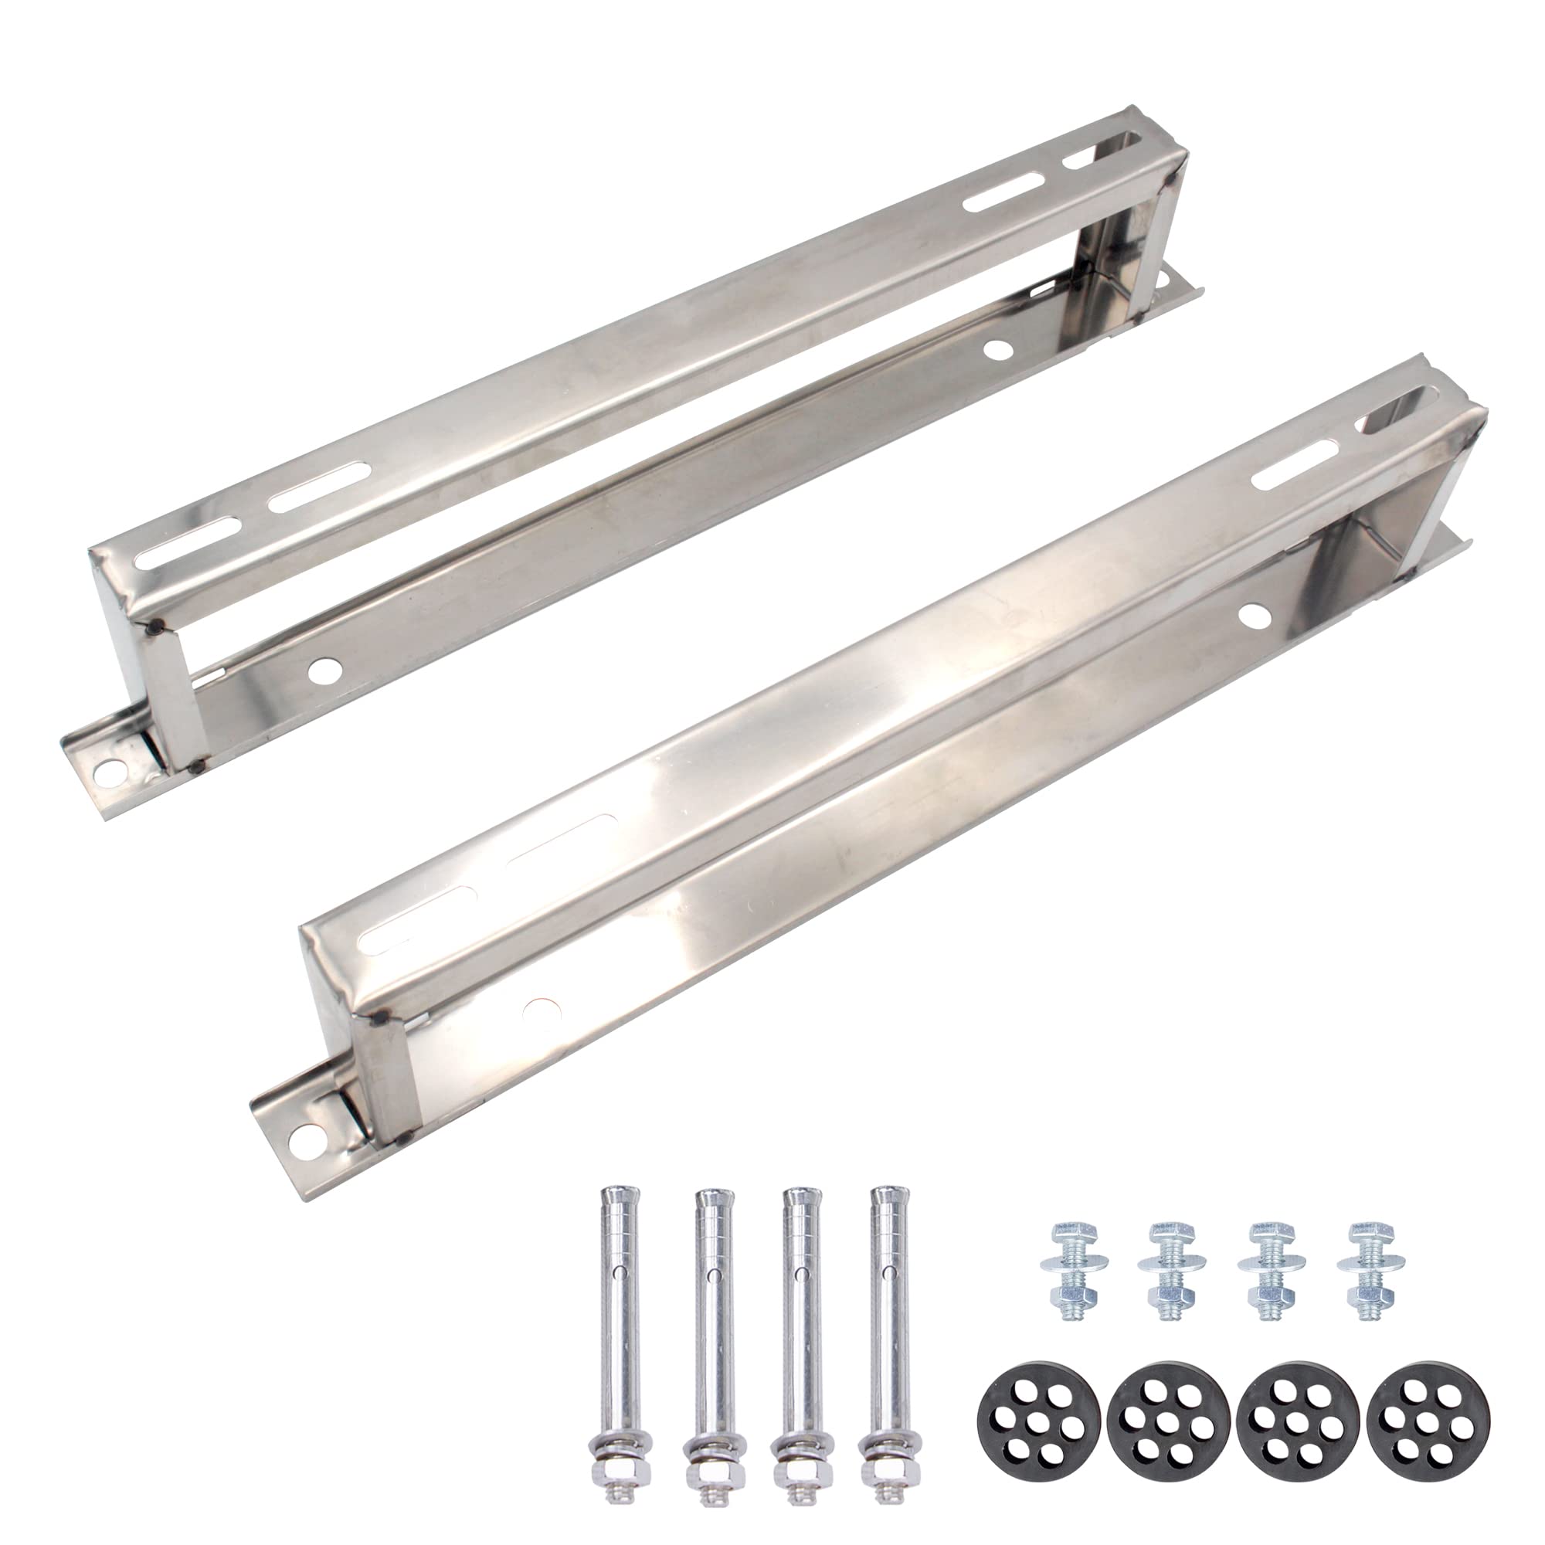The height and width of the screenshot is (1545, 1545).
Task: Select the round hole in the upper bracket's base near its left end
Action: [x=324, y=643]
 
